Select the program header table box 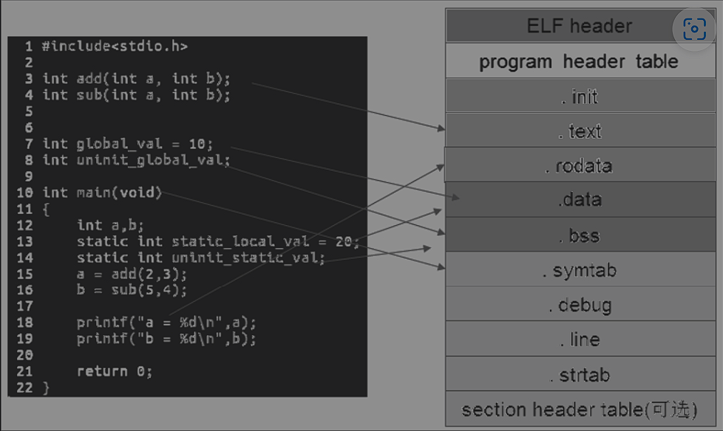[579, 61]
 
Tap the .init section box [579, 96]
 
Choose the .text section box [579, 131]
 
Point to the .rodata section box [579, 165]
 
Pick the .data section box [579, 200]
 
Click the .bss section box [579, 235]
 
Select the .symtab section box [579, 270]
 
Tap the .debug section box [579, 305]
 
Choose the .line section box [579, 339]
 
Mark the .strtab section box [579, 374]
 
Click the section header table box [579, 410]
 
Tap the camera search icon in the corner [695, 30]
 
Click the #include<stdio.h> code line [115, 46]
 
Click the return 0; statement [115, 371]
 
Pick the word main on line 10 [94, 193]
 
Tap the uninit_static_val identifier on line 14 [248, 258]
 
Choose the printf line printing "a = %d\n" [166, 323]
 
